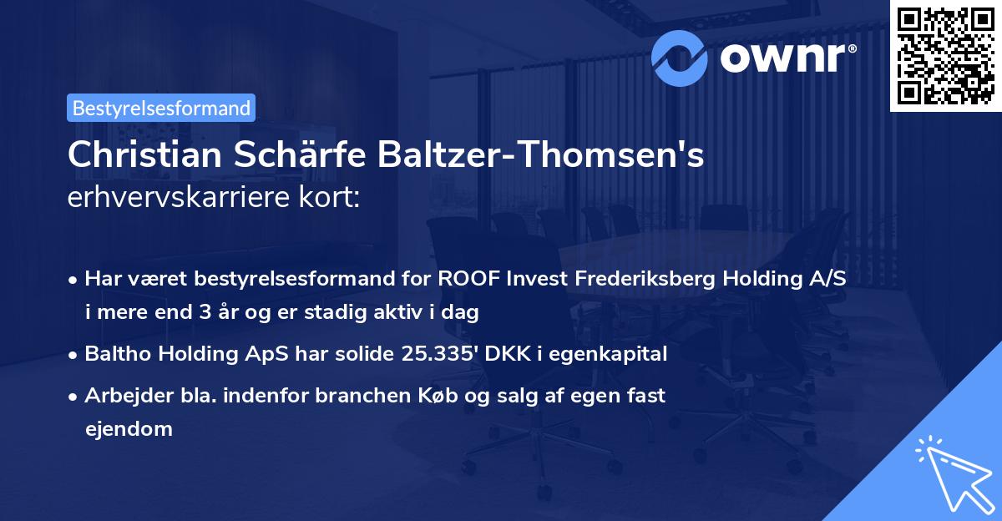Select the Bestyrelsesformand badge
161,108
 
